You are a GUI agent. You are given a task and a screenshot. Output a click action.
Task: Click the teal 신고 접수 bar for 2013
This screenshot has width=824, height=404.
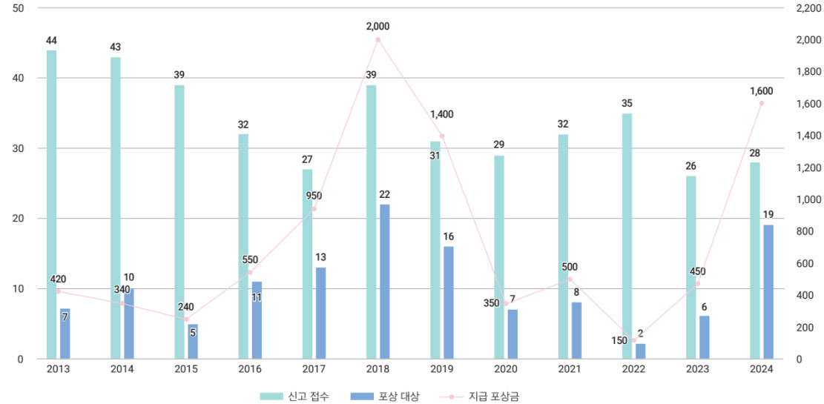pos(51,205)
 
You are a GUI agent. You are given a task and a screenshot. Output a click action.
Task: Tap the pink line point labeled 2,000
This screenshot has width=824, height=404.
pos(378,39)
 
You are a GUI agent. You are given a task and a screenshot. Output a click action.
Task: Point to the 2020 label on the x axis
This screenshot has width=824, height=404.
pos(505,369)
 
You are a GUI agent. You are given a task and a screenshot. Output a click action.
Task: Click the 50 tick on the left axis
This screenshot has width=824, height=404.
pos(18,8)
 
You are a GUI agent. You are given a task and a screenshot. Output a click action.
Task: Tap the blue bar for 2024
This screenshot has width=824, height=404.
pos(768,292)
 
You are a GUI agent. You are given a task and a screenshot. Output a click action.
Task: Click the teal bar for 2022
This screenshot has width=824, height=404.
pos(627,236)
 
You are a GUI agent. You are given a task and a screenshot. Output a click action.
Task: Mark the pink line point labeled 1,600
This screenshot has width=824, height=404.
pos(762,103)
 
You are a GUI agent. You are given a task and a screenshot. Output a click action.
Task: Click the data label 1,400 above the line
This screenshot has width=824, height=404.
pos(441,115)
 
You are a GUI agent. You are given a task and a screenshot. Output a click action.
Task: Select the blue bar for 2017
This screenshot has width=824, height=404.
pos(320,314)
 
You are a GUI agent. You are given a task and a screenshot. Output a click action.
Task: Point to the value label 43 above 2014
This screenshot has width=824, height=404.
pos(116,47)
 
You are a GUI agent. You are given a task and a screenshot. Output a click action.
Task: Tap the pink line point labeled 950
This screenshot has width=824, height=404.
pos(314,208)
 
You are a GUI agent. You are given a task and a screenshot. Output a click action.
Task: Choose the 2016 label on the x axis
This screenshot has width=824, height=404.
pos(249,369)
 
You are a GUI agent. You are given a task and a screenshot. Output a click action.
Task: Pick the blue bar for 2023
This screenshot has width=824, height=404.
pos(705,338)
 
